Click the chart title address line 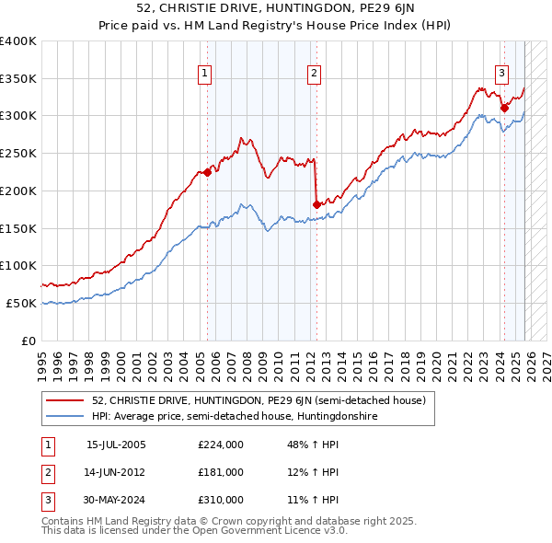pyautogui.click(x=275, y=10)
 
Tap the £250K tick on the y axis pyautogui.click(x=18, y=154)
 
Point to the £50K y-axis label pyautogui.click(x=21, y=303)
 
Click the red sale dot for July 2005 pyautogui.click(x=208, y=171)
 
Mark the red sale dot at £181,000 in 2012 pyautogui.click(x=316, y=204)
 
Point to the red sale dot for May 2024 pyautogui.click(x=504, y=108)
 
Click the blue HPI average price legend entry pyautogui.click(x=235, y=417)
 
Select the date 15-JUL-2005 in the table pyautogui.click(x=116, y=445)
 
